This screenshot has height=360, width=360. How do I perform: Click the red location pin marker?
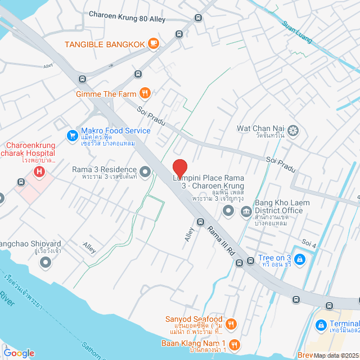(x=179, y=169)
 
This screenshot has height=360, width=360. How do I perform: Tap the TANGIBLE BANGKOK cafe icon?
(x=153, y=44)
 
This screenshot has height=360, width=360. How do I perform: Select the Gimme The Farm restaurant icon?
(x=145, y=93)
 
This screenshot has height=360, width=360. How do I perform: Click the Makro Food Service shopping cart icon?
(x=71, y=135)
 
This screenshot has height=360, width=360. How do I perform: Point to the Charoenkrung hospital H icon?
(x=39, y=172)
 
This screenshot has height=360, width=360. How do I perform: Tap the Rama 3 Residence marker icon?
(x=145, y=172)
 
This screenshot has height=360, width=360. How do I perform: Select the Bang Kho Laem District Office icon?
(x=246, y=211)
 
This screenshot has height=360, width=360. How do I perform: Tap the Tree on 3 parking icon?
(x=300, y=259)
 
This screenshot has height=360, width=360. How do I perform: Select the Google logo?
(x=19, y=353)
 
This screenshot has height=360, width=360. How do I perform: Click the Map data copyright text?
(x=336, y=355)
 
